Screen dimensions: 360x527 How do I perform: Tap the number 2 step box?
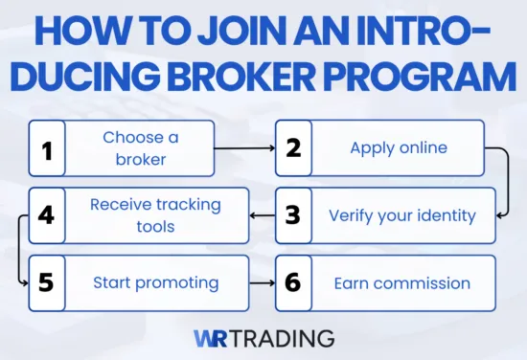pyautogui.click(x=293, y=147)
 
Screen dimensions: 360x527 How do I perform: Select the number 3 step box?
pyautogui.click(x=293, y=214)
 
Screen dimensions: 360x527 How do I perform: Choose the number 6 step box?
pyautogui.click(x=293, y=282)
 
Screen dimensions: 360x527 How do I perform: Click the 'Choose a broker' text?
pyautogui.click(x=140, y=147)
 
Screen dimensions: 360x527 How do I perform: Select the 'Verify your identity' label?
pyautogui.click(x=401, y=214)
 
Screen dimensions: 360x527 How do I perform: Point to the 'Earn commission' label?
pyautogui.click(x=401, y=282)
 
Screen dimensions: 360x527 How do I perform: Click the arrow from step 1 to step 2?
pyautogui.click(x=244, y=148)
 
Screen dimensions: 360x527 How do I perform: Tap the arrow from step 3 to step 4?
pyautogui.click(x=262, y=214)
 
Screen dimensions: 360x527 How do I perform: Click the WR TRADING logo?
pyautogui.click(x=263, y=338)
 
